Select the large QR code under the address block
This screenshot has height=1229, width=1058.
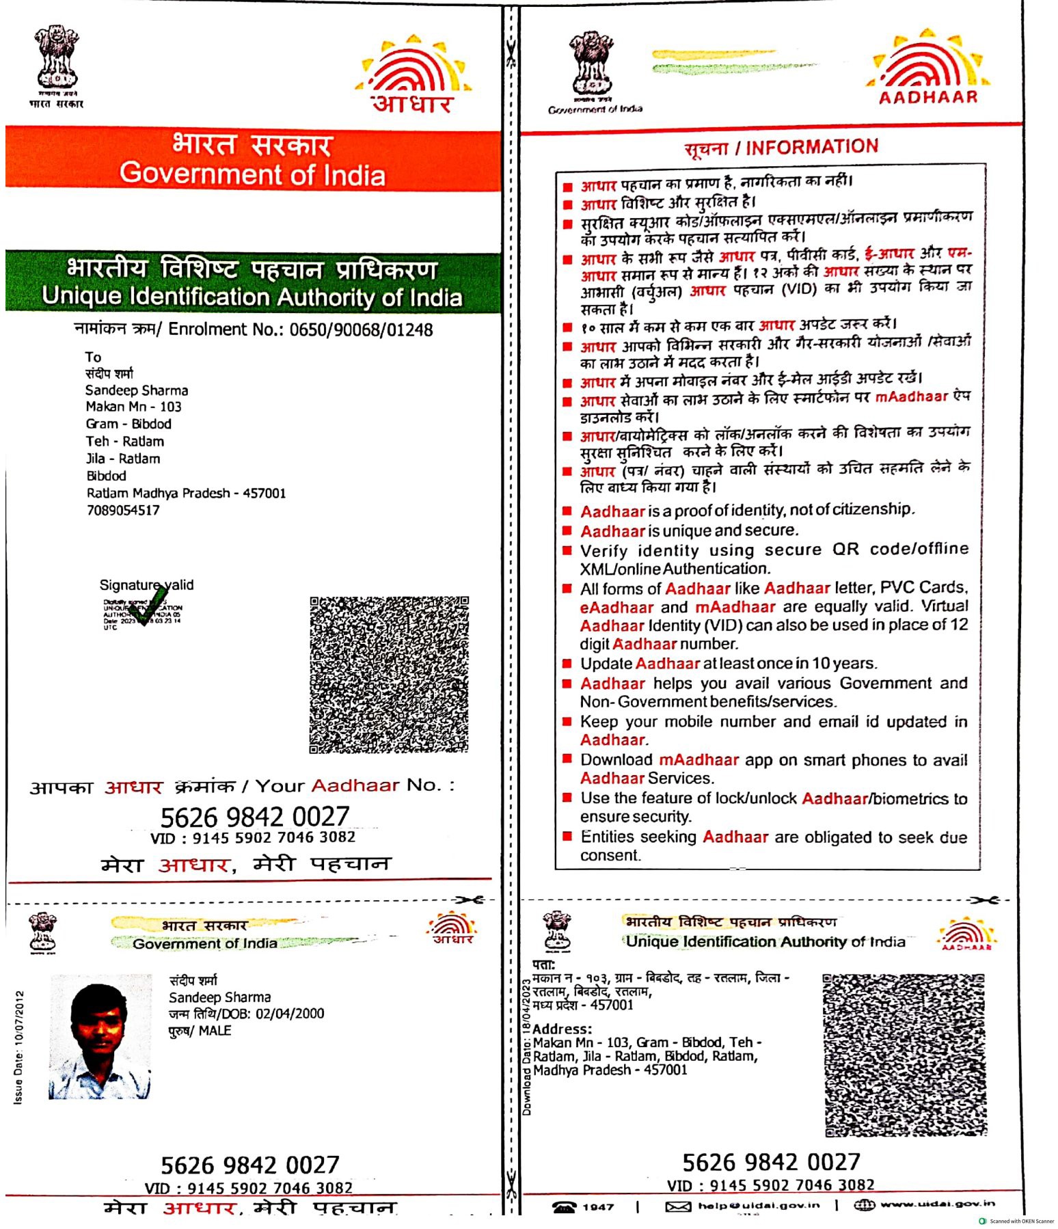389,675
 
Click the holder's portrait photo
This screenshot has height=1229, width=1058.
100,1036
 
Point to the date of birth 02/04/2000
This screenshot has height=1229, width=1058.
290,1014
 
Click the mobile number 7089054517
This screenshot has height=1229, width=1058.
123,511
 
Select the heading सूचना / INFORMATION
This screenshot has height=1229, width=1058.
781,148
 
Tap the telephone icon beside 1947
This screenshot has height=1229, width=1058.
565,1207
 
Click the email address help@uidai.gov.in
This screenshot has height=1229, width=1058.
759,1206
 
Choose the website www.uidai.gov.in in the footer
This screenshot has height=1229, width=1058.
938,1204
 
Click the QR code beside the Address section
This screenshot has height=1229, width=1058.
905,1054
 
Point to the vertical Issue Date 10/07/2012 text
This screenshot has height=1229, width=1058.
19,1047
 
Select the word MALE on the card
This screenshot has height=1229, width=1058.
215,1031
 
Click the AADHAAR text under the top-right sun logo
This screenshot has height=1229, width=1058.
928,97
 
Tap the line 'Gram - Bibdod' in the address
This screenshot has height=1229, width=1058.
128,424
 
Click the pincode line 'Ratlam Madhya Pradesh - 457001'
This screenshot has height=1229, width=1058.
186,494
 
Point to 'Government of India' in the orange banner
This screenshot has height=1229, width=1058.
253,175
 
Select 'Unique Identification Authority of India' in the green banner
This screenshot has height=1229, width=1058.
252,297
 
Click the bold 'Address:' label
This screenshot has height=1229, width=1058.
562,1029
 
